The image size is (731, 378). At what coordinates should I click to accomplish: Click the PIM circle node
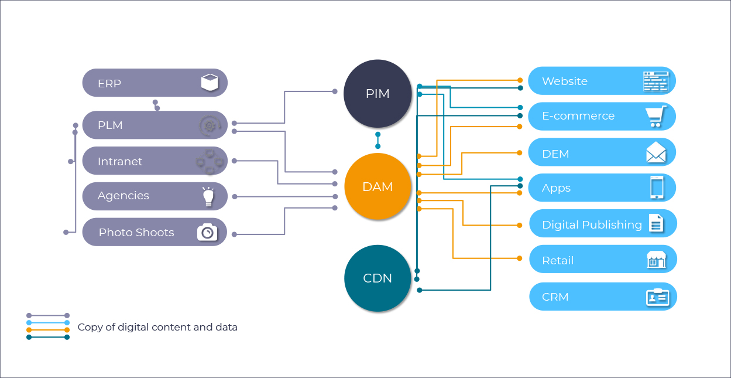[377, 93]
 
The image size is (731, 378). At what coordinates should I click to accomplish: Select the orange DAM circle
[377, 187]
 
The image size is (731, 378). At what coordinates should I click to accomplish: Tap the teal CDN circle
[377, 278]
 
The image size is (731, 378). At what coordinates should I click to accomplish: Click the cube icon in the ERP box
[210, 83]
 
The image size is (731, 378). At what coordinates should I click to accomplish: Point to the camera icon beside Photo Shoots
[207, 232]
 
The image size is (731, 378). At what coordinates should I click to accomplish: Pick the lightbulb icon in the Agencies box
[207, 196]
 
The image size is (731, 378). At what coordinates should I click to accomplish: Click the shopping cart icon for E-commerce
[656, 116]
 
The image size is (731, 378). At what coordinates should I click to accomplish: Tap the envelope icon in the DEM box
[656, 152]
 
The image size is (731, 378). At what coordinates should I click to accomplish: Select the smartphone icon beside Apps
[657, 188]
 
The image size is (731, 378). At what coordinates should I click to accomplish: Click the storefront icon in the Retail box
[656, 260]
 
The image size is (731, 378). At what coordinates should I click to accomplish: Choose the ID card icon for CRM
[657, 297]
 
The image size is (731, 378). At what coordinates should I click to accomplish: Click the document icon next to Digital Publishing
[656, 223]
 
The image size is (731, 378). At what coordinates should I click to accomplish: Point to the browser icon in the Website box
[656, 81]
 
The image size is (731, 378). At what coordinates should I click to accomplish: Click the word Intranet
[120, 162]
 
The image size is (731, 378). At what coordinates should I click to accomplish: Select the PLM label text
[110, 125]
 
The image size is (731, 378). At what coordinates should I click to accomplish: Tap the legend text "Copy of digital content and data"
[157, 327]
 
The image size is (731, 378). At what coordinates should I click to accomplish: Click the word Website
[565, 81]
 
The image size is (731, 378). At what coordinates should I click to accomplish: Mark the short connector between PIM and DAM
[377, 141]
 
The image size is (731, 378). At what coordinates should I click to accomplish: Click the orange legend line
[48, 330]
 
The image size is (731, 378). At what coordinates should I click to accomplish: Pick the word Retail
[558, 261]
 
